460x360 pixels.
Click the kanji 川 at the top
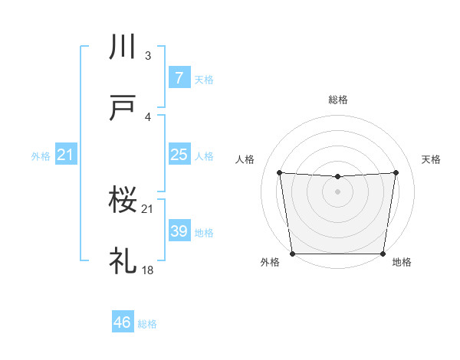123,47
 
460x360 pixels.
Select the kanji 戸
123,110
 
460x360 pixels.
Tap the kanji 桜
123,201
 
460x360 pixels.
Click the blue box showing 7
178,78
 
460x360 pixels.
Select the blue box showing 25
178,155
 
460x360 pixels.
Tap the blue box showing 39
178,231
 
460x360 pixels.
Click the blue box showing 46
122,322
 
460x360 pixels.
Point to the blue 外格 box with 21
66,155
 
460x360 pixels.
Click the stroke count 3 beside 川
148,55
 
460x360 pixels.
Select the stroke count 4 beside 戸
148,116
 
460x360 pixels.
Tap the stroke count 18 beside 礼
147,270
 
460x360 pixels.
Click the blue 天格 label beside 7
204,79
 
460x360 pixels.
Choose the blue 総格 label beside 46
147,323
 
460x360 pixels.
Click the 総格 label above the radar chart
337,100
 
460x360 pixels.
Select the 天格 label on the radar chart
431,159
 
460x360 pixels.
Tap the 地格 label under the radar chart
402,262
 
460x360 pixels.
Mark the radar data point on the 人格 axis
280,172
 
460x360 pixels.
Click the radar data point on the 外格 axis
292,254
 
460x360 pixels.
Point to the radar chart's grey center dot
337,191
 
